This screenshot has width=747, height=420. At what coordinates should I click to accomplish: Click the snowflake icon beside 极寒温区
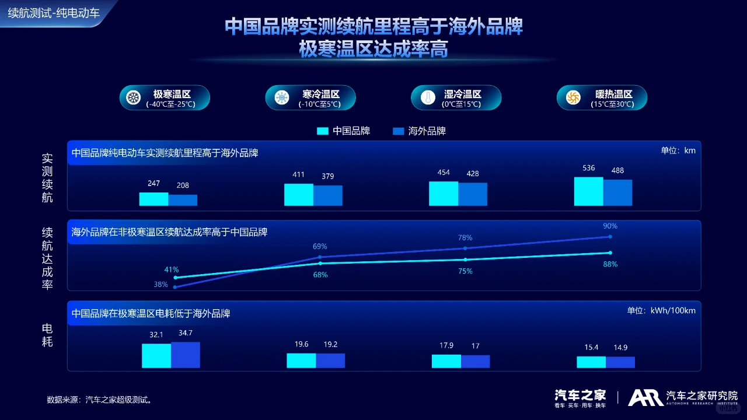click(x=134, y=97)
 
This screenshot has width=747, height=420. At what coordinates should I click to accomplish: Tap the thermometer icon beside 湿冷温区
click(x=428, y=97)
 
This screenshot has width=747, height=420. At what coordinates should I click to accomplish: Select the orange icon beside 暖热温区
click(x=573, y=97)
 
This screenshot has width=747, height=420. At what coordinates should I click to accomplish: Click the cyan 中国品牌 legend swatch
click(x=323, y=131)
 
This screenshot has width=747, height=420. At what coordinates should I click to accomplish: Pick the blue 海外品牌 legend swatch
click(x=399, y=131)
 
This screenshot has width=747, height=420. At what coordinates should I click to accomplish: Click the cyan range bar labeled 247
click(x=153, y=199)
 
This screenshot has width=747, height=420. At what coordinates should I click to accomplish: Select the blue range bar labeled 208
click(x=183, y=200)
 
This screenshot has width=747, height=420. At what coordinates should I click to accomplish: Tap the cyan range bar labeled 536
click(x=588, y=191)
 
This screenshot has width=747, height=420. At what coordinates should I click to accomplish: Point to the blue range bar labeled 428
click(x=473, y=194)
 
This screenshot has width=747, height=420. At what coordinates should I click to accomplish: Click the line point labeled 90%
click(x=610, y=236)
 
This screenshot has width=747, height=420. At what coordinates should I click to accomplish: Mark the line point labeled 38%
click(x=175, y=287)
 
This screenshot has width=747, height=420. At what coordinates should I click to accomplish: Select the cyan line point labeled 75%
click(x=465, y=260)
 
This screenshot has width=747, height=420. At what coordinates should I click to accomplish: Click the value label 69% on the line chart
click(x=320, y=246)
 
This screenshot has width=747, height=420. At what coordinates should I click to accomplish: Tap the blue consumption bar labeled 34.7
click(x=186, y=355)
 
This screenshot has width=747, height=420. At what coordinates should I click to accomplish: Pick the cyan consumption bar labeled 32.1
click(x=156, y=355)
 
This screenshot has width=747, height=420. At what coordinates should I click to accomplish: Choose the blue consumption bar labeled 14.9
click(x=620, y=362)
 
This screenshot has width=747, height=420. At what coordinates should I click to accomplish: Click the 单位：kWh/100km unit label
click(x=661, y=310)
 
